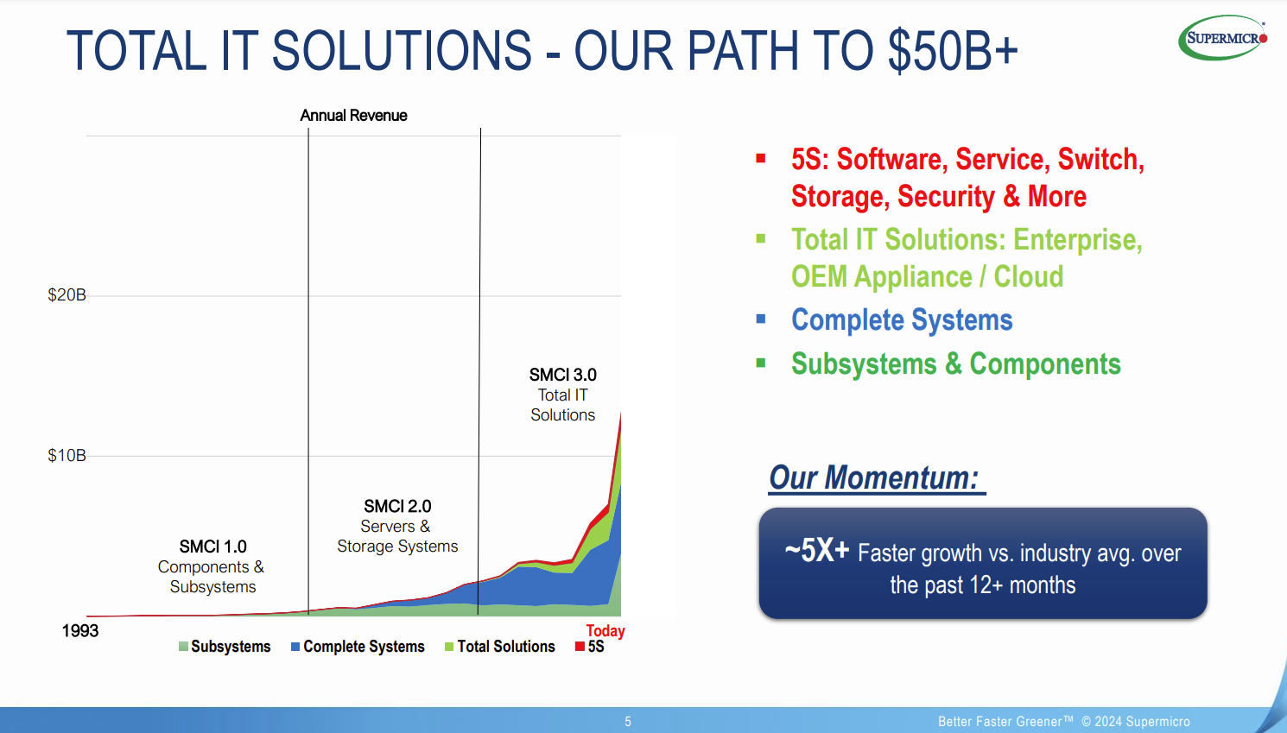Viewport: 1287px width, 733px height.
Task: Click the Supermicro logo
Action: point(1223,38)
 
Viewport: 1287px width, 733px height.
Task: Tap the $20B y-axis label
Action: point(67,295)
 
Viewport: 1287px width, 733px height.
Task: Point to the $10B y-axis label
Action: point(67,456)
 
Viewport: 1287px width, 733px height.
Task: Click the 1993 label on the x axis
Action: point(79,631)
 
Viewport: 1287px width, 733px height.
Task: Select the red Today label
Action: point(605,631)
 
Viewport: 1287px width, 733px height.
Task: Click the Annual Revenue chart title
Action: point(353,116)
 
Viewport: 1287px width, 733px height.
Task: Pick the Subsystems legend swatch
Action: point(183,647)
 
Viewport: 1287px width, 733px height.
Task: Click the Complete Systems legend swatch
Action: point(295,647)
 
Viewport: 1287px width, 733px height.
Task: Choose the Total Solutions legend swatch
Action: point(449,647)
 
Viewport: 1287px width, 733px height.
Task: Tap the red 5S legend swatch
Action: point(580,647)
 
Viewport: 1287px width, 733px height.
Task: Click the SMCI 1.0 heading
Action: point(212,547)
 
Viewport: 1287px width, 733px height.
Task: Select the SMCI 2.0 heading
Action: point(397,506)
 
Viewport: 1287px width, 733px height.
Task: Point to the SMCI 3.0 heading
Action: point(562,375)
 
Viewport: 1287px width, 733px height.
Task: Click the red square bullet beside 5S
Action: point(761,159)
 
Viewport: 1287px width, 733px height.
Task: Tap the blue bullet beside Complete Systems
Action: point(761,319)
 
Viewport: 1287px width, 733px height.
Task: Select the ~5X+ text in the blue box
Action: point(817,550)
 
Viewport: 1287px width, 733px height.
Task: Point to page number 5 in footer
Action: point(628,722)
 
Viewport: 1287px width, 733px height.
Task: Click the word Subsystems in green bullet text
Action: point(864,363)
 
